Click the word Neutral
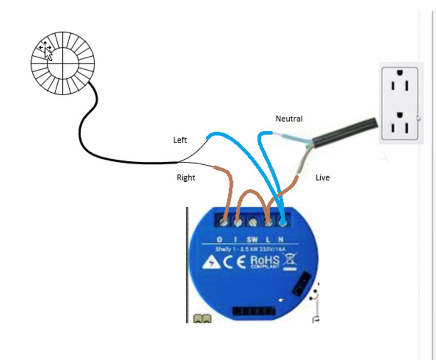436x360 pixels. click(289, 119)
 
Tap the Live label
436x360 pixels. click(322, 178)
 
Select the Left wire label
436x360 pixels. click(180, 140)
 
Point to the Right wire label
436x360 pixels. click(186, 178)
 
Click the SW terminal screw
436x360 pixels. click(253, 223)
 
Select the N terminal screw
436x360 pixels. click(282, 222)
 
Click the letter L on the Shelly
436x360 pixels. click(268, 240)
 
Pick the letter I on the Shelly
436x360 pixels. click(236, 240)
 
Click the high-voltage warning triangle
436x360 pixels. click(212, 262)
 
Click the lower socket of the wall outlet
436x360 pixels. click(400, 123)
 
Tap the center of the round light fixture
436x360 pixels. click(62, 63)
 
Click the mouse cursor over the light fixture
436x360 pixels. click(47, 52)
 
